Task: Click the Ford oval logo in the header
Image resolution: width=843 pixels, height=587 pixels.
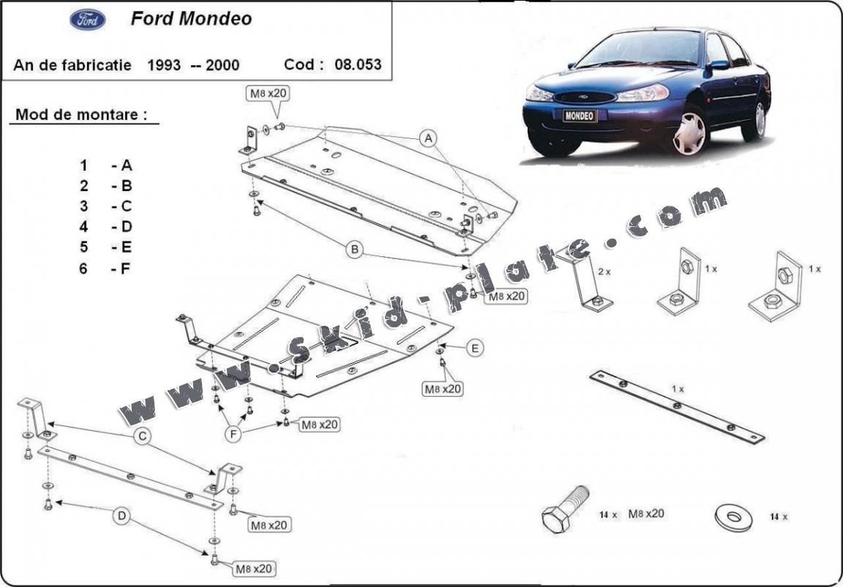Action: coord(88,20)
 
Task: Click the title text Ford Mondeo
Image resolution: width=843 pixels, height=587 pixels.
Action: coord(191,19)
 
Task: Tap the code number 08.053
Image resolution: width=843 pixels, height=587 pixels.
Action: coord(358,64)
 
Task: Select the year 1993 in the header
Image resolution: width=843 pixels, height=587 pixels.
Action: coord(163,64)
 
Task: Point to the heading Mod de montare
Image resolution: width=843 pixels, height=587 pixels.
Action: coord(81,114)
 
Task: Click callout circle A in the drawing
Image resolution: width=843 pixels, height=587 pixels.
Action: coord(428,138)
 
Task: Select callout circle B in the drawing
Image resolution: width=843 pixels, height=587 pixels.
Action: coord(355,250)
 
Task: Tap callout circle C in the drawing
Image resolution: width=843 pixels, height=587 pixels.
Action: coord(142,437)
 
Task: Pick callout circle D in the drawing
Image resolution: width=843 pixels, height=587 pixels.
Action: coord(121,517)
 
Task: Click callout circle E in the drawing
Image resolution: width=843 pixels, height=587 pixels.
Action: coord(476,348)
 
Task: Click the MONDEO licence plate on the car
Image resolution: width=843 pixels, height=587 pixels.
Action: coord(580,116)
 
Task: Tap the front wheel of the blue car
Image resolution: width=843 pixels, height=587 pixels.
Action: coord(689,132)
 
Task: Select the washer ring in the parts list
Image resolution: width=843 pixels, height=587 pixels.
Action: coord(734,515)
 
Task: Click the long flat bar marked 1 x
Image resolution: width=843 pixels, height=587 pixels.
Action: coord(677,406)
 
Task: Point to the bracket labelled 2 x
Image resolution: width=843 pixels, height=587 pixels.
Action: coord(586,278)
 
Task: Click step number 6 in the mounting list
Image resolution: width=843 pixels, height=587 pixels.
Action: coord(83,268)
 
